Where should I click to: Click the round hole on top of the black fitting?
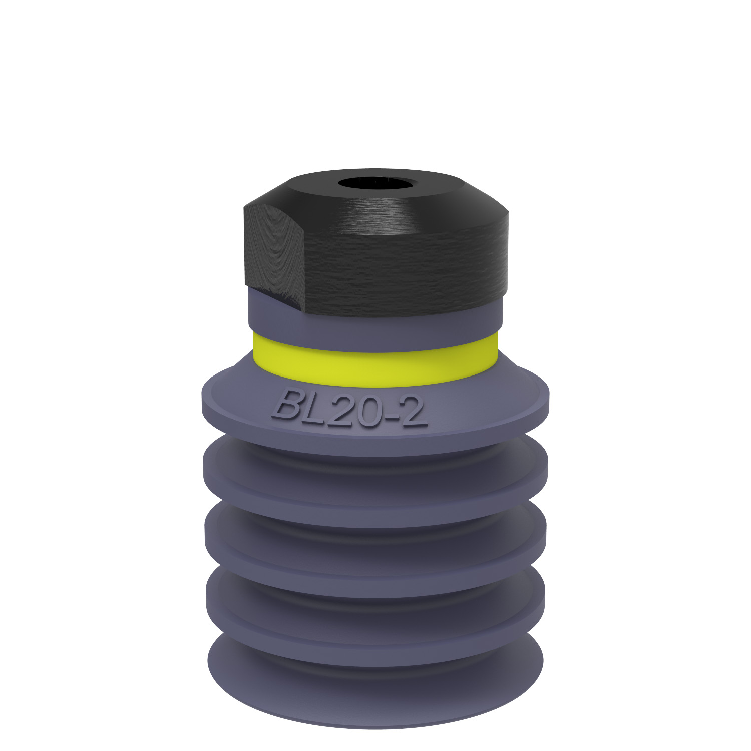376,183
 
